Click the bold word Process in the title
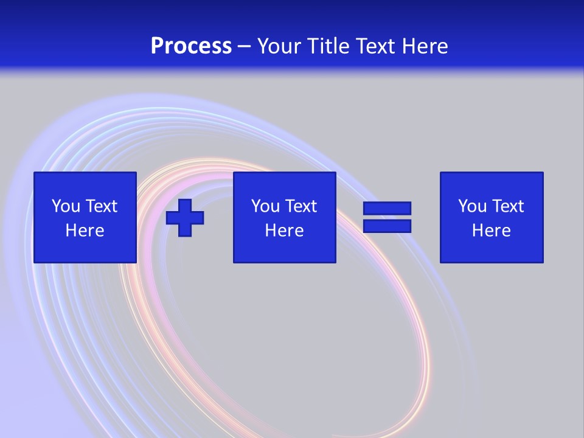(191, 46)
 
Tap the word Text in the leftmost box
(101, 206)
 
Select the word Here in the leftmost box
(85, 231)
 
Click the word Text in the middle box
(301, 206)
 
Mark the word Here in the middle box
(284, 231)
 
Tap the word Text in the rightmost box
(507, 206)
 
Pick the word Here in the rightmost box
(491, 231)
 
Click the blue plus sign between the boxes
(185, 218)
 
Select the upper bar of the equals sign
(387, 208)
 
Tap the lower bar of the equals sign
(387, 226)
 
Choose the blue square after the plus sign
(284, 182)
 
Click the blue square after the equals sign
(491, 182)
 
